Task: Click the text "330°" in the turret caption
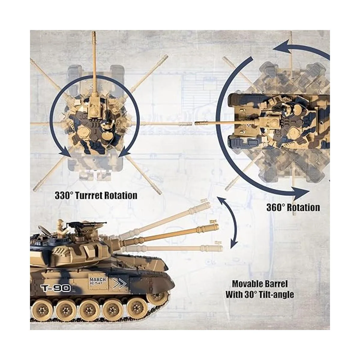pos(64,195)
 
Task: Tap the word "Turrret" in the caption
pos(88,195)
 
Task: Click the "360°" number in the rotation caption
pos(276,207)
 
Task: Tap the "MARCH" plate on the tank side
pos(97,280)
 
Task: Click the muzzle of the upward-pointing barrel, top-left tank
pos(93,33)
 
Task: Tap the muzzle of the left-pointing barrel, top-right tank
pos(197,123)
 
